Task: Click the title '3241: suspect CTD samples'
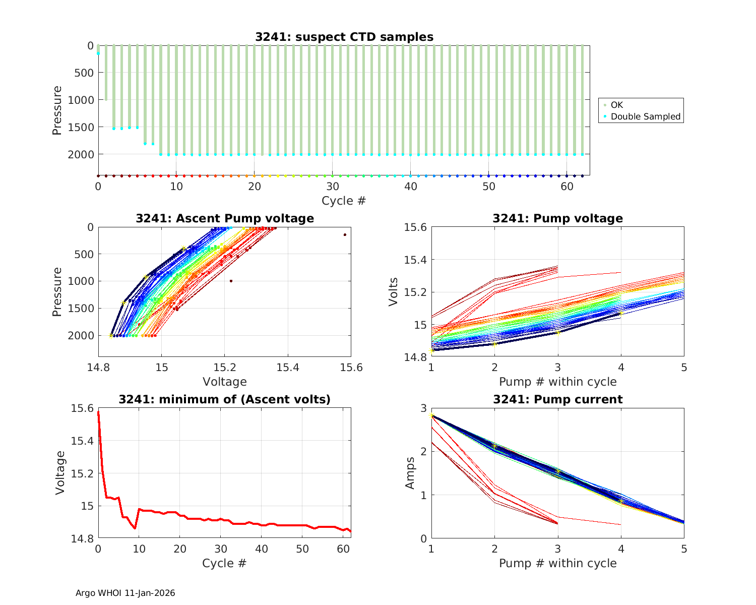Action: tap(344, 37)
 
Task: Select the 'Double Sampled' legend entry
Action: tap(645, 116)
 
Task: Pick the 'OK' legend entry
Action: tap(616, 105)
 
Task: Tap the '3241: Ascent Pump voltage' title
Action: tap(224, 218)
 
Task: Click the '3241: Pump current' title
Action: tap(557, 399)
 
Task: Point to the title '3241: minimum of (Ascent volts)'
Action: tap(224, 399)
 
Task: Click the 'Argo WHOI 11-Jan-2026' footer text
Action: tap(125, 593)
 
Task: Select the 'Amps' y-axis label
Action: tap(411, 473)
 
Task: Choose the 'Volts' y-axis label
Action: tap(394, 292)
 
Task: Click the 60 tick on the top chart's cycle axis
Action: tap(566, 186)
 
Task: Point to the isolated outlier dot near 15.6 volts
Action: tap(345, 234)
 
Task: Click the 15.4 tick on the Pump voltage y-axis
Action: tap(415, 260)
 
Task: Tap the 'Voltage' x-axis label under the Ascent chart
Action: tap(224, 382)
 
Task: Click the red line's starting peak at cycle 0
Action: tap(98, 412)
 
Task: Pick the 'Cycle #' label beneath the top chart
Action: tap(344, 201)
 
